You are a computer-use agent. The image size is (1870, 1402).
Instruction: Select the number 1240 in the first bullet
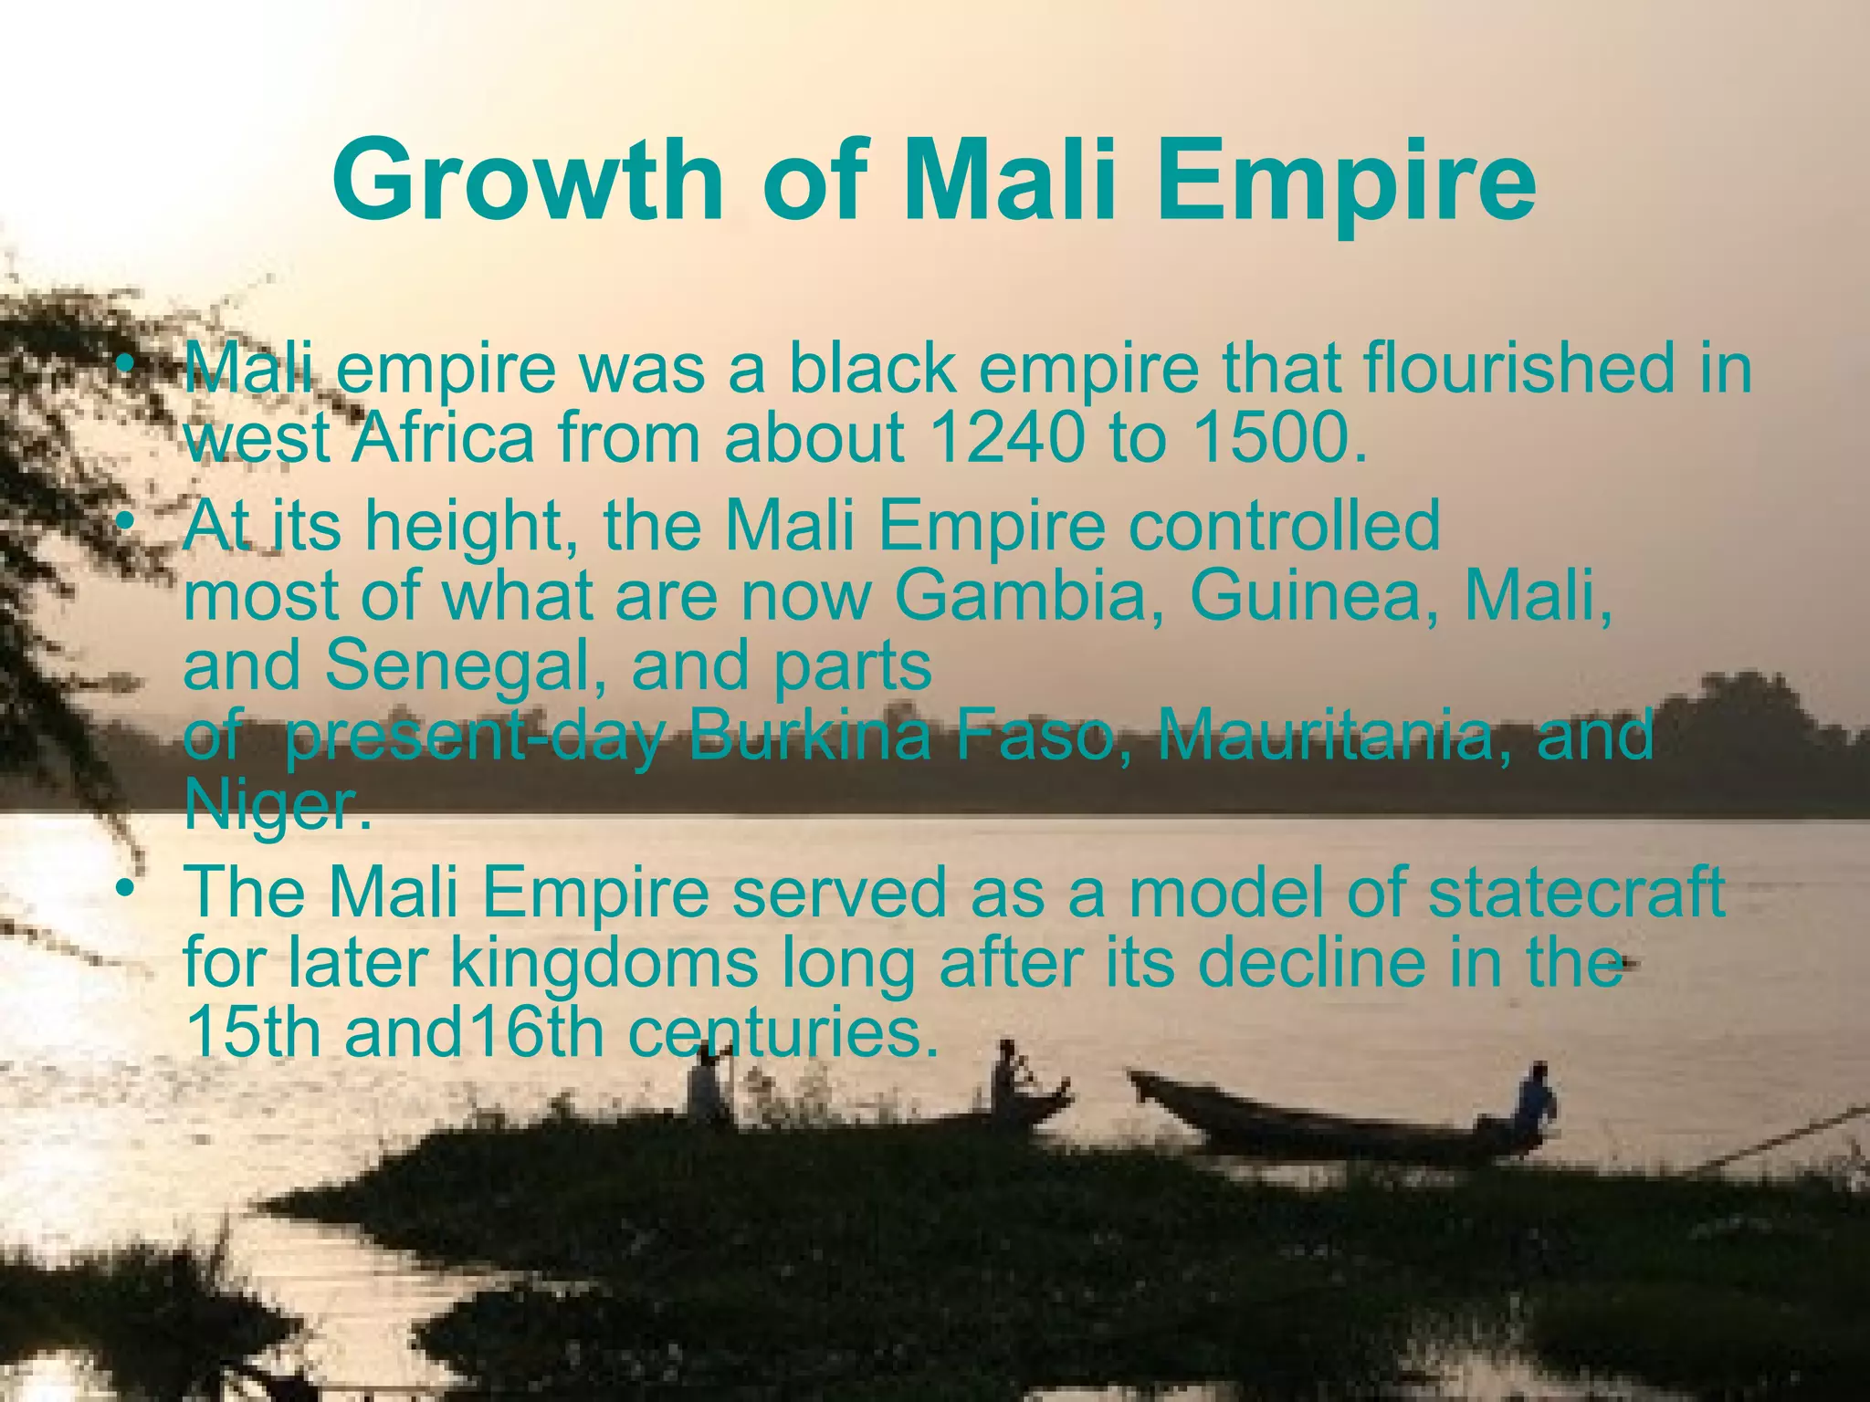coord(1004,438)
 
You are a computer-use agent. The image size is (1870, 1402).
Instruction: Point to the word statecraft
coord(1576,893)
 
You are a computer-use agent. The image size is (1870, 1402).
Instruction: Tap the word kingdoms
coord(604,962)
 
